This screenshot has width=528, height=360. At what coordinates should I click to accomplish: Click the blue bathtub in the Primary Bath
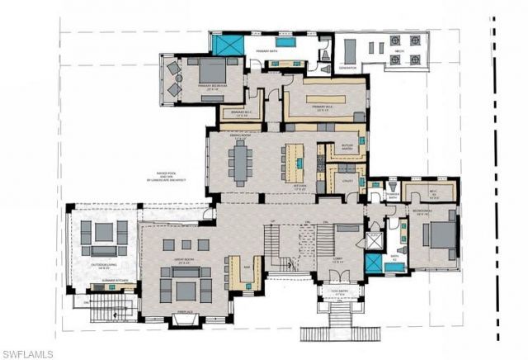[285, 41]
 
